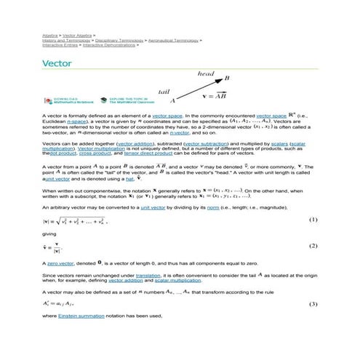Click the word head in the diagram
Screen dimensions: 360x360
206,73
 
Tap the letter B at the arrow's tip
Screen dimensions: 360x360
227,78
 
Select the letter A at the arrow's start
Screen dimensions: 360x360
172,103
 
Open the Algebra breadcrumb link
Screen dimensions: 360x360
49,34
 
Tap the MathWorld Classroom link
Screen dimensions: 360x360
134,101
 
